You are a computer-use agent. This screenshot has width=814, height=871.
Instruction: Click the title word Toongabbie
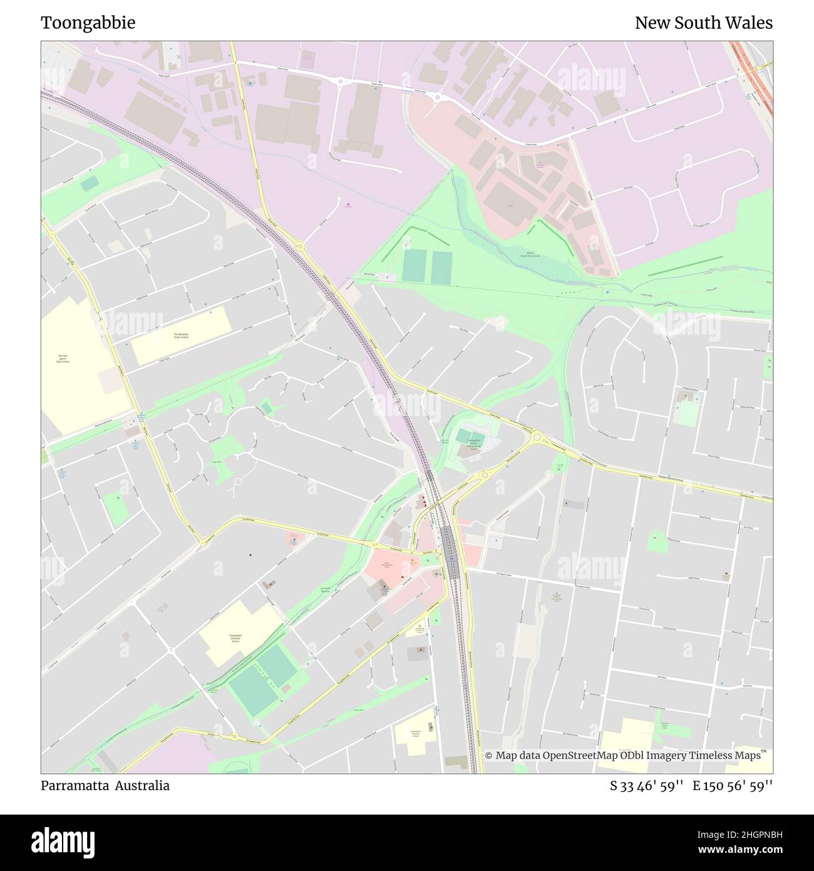pyautogui.click(x=88, y=23)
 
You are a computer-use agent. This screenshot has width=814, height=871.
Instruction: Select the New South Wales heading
pyautogui.click(x=703, y=23)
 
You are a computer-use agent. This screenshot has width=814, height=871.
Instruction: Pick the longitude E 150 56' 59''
pyautogui.click(x=733, y=785)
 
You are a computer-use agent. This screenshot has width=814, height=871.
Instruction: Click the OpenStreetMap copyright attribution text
pyautogui.click(x=626, y=756)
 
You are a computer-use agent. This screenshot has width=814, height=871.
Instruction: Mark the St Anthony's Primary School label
pyautogui.click(x=415, y=733)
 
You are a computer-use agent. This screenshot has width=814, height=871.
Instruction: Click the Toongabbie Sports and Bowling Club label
pyautogui.click(x=473, y=445)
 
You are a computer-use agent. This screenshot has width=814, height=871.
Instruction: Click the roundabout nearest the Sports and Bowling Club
pyautogui.click(x=484, y=476)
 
